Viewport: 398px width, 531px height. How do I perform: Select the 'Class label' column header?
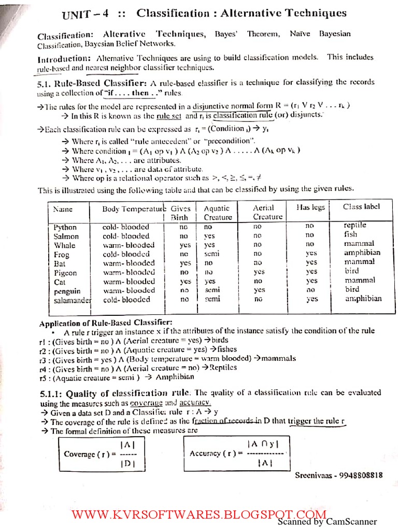(x=361, y=206)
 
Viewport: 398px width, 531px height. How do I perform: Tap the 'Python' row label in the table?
(x=65, y=227)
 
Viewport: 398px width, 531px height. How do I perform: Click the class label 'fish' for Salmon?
(x=352, y=234)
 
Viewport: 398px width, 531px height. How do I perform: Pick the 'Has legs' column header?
(x=311, y=207)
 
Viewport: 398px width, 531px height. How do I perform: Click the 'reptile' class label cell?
(x=355, y=226)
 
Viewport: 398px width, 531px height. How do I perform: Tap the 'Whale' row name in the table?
(x=65, y=245)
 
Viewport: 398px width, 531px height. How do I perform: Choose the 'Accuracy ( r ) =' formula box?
(x=236, y=453)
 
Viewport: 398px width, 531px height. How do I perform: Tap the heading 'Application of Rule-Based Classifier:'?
(x=106, y=323)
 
